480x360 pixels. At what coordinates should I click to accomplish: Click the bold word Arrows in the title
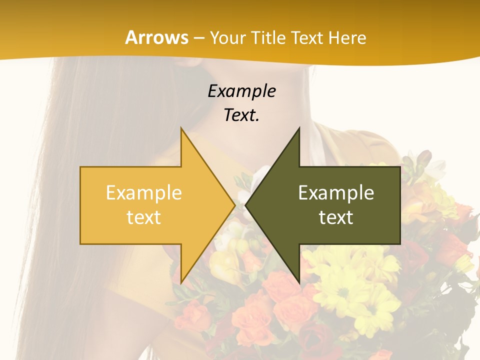point(156,37)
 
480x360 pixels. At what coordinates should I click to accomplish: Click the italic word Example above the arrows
point(242,91)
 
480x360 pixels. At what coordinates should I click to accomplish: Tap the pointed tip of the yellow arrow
point(233,205)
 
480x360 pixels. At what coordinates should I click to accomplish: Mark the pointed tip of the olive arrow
point(246,205)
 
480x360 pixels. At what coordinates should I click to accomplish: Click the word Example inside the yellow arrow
point(144,192)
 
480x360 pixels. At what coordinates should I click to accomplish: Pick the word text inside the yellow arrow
point(144,217)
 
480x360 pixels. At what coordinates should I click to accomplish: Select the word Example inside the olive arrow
point(336,192)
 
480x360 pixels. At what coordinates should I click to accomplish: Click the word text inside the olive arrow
point(336,217)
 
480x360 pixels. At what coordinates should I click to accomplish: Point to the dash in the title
point(198,37)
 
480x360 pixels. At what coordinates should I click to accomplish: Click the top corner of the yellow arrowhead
point(181,129)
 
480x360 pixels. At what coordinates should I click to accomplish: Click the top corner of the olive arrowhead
point(299,129)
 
